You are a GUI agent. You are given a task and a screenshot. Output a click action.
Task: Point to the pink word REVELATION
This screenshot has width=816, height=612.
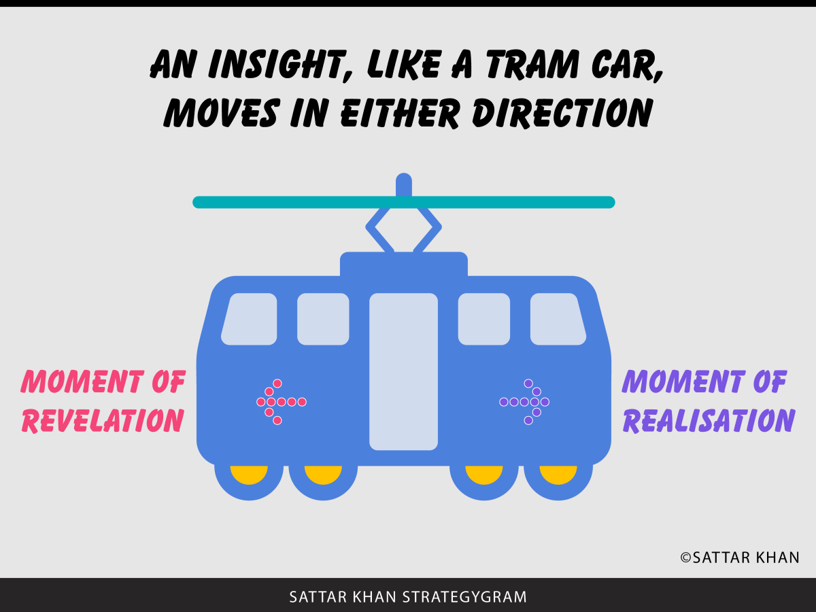click(x=103, y=420)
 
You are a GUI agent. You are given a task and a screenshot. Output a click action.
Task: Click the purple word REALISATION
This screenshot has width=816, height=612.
click(x=709, y=420)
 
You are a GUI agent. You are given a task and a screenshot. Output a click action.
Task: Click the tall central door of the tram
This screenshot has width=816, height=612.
click(x=403, y=371)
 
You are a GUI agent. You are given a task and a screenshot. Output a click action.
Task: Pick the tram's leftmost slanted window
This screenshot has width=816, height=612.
click(x=250, y=319)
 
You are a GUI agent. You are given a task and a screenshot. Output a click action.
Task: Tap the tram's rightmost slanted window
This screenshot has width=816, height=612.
click(x=558, y=319)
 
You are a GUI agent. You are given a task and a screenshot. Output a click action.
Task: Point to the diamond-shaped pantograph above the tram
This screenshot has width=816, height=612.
click(x=403, y=228)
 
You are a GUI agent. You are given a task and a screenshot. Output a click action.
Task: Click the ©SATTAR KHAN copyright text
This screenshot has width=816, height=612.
click(x=740, y=558)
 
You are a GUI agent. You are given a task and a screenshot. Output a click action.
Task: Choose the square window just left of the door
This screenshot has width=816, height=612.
click(x=323, y=319)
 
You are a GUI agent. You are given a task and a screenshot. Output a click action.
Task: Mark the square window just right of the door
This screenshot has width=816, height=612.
click(x=483, y=319)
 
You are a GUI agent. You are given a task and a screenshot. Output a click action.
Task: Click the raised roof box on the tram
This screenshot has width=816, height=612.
click(x=403, y=264)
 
